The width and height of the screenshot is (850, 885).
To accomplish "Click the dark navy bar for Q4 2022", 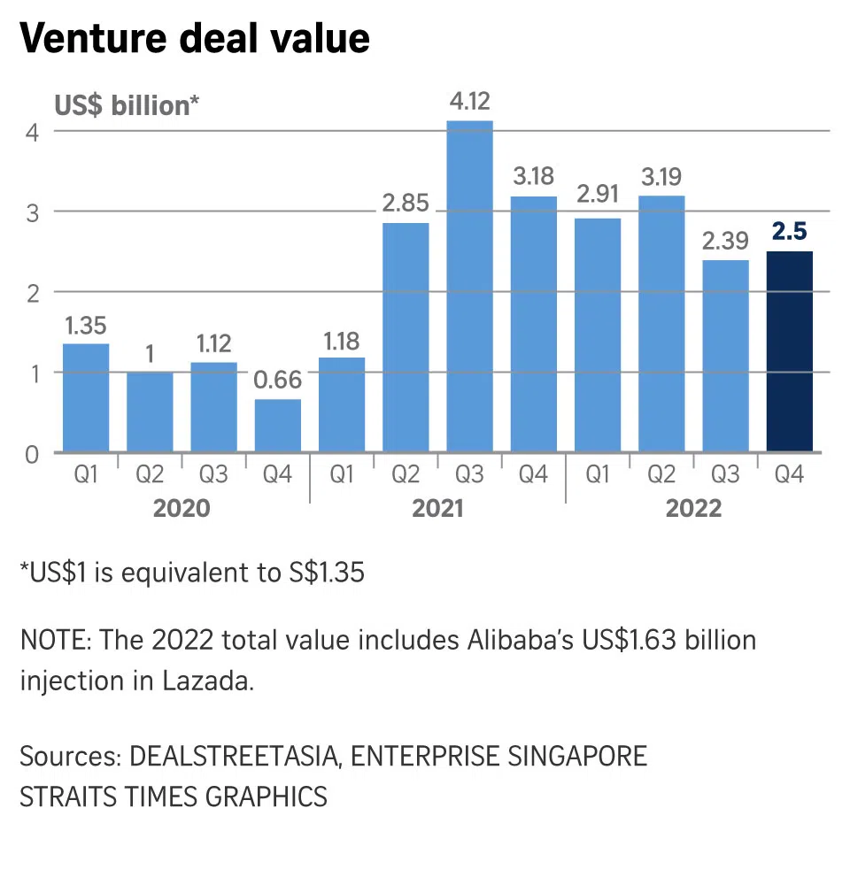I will click(789, 351).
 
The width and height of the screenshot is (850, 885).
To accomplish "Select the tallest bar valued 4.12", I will click(469, 286).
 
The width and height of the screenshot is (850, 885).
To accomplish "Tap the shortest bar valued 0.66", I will click(278, 426).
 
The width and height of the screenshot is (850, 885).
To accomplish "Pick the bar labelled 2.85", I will click(406, 337).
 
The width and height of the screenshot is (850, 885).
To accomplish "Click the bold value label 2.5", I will click(789, 233).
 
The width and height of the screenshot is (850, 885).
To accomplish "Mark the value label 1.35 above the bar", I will click(86, 325).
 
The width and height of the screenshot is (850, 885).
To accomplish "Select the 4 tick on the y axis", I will click(33, 131).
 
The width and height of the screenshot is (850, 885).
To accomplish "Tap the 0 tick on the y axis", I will click(33, 453).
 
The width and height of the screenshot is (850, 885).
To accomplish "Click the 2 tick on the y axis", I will click(33, 292).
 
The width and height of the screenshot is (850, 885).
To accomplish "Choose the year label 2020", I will click(182, 508).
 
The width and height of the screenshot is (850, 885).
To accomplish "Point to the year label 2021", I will click(437, 508).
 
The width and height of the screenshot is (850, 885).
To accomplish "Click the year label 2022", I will click(693, 508).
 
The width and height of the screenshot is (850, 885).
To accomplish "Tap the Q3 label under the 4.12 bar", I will click(469, 475).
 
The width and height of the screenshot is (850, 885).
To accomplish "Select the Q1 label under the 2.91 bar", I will click(598, 475).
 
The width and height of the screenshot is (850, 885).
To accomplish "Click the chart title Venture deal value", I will click(194, 40).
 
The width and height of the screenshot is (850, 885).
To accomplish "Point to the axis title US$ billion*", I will click(127, 105).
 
